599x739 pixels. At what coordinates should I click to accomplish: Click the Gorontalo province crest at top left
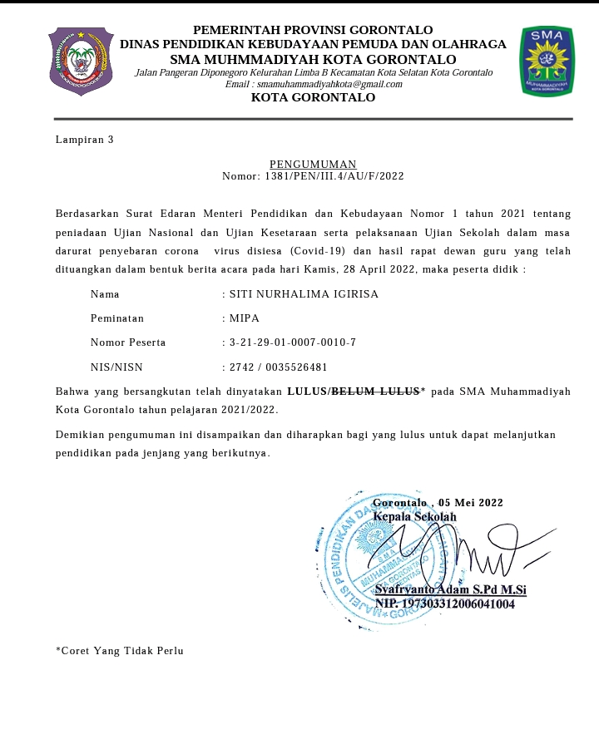[81, 61]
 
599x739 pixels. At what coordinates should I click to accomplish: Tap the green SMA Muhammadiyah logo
[546, 60]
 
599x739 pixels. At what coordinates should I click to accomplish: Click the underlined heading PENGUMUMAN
[313, 164]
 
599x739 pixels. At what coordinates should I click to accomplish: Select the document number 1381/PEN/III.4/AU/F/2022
[334, 176]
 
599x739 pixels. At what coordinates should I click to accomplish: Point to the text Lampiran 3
[84, 139]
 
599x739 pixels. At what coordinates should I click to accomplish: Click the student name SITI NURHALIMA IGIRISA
[304, 294]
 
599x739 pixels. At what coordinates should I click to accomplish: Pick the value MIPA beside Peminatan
[245, 318]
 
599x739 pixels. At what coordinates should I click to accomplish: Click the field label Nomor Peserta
[128, 342]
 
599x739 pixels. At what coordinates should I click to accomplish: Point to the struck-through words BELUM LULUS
[376, 390]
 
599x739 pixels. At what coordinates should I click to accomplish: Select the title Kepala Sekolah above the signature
[415, 516]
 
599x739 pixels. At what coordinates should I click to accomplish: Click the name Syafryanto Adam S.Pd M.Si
[450, 589]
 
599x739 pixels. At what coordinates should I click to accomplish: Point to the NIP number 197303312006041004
[458, 604]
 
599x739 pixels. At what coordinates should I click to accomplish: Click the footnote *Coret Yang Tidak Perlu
[120, 650]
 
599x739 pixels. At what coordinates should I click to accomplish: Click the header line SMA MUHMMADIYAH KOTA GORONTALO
[313, 60]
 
